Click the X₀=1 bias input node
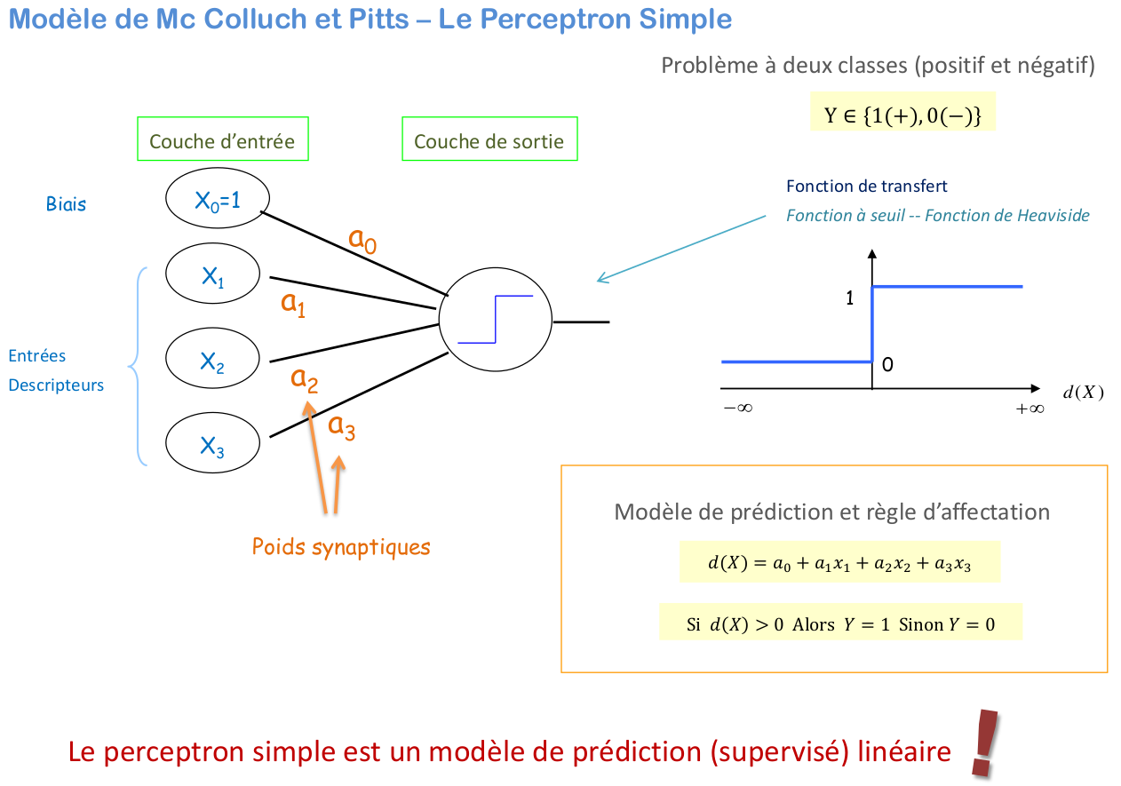point(218,201)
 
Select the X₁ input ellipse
point(212,277)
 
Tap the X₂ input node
point(212,360)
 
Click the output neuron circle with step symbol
point(495,319)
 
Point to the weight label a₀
point(362,240)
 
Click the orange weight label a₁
point(293,304)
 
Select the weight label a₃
point(342,427)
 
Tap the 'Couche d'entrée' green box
point(222,141)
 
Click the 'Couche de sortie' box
point(489,141)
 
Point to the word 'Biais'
point(67,204)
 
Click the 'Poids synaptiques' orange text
point(341,546)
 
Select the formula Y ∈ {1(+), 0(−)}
point(902,115)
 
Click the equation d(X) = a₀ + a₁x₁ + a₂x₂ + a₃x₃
point(839,562)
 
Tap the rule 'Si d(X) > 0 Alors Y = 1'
point(840,623)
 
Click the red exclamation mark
point(983,742)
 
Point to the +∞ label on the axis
point(1030,409)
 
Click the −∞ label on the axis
point(737,409)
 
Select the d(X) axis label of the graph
point(1083,393)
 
